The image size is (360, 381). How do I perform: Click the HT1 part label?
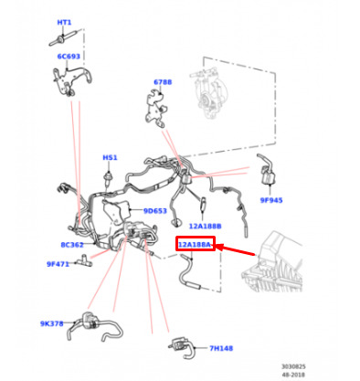tap(64, 23)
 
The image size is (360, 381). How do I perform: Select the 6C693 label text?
tap(69, 57)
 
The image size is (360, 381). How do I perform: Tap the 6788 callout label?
tap(163, 82)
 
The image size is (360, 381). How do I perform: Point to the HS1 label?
tap(110, 157)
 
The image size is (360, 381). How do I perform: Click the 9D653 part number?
tap(155, 211)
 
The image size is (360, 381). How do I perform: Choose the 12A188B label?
tap(205, 226)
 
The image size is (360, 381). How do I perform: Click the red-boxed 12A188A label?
tap(195, 245)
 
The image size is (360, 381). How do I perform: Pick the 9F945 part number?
tap(271, 200)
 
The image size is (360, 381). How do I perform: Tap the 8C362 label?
tap(72, 245)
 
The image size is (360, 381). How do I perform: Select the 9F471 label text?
tap(58, 264)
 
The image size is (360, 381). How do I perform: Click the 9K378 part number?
tap(52, 323)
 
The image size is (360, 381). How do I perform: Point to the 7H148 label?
tap(221, 348)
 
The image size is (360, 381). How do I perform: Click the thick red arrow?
tap(235, 250)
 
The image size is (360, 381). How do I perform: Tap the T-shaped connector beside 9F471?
tap(83, 260)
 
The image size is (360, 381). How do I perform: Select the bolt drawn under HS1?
tap(108, 178)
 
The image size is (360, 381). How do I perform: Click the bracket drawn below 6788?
tap(155, 109)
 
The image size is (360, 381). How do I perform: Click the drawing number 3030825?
tap(293, 366)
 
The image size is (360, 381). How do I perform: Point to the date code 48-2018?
tap(293, 375)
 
